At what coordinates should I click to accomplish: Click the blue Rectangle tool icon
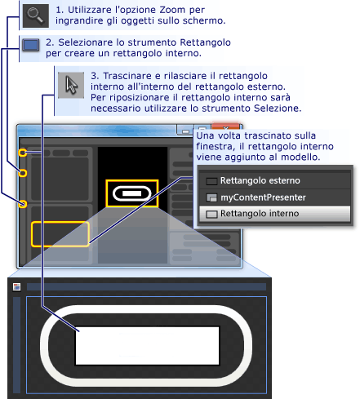[31, 44]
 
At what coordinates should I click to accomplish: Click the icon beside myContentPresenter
[211, 197]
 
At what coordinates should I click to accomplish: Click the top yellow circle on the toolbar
[24, 153]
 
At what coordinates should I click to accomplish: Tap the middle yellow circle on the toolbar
[23, 173]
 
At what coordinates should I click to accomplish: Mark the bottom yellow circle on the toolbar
[23, 203]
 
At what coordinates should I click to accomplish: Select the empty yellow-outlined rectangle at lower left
[60, 233]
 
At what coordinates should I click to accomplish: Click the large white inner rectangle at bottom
[148, 345]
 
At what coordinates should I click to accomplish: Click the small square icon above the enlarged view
[16, 286]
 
